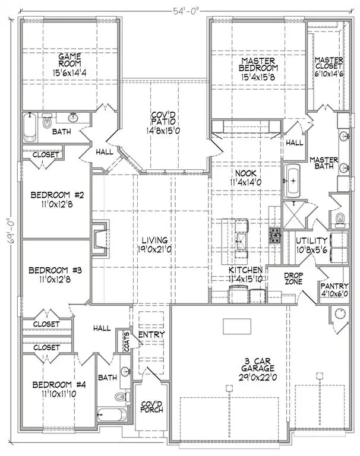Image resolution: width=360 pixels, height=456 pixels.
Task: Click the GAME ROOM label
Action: tap(69, 61)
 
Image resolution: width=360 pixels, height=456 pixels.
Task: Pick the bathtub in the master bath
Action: tap(292, 182)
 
